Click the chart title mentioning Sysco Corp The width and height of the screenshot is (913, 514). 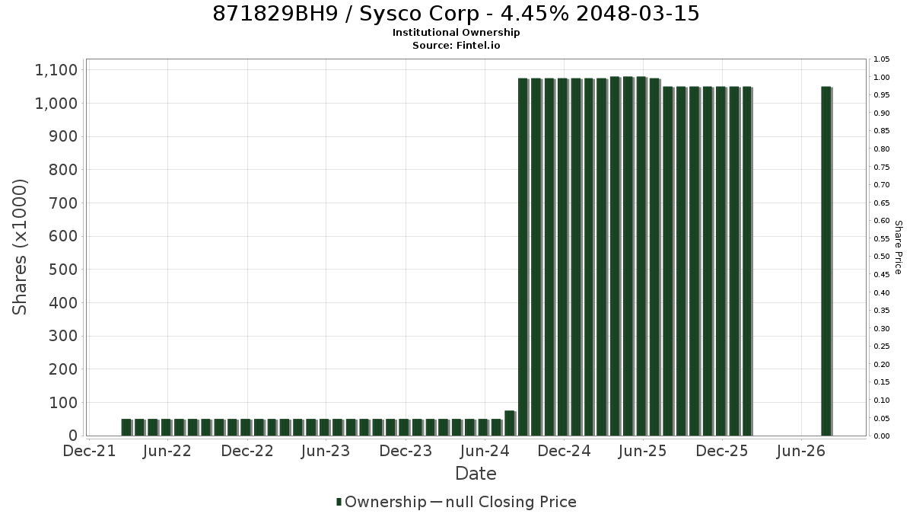pyautogui.click(x=456, y=14)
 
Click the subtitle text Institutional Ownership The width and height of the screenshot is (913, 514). pyautogui.click(x=456, y=33)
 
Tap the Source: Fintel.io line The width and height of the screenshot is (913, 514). pyautogui.click(x=456, y=45)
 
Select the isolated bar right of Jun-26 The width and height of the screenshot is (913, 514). pyautogui.click(x=826, y=261)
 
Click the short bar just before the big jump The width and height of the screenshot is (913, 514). pyautogui.click(x=510, y=423)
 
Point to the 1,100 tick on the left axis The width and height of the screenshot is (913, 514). pyautogui.click(x=56, y=70)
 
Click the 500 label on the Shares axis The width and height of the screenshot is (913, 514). pyautogui.click(x=63, y=270)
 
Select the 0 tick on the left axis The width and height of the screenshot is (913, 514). pyautogui.click(x=73, y=436)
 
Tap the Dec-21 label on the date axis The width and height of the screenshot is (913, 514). pyautogui.click(x=89, y=451)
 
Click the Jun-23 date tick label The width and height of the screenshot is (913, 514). pyautogui.click(x=326, y=451)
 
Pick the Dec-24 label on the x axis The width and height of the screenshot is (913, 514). pyautogui.click(x=564, y=451)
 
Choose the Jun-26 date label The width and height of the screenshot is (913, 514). pyautogui.click(x=801, y=451)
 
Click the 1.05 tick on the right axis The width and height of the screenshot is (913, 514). pyautogui.click(x=881, y=59)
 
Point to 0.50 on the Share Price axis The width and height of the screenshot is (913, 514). pyautogui.click(x=881, y=257)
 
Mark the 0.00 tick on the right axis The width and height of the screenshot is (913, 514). pyautogui.click(x=881, y=436)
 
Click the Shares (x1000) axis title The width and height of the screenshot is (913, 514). pyautogui.click(x=20, y=247)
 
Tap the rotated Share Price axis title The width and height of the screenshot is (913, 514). pyautogui.click(x=899, y=247)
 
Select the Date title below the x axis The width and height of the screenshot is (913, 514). pyautogui.click(x=476, y=474)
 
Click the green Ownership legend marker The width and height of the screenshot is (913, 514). pyautogui.click(x=339, y=502)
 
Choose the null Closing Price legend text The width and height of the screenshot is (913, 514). pyautogui.click(x=511, y=502)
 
